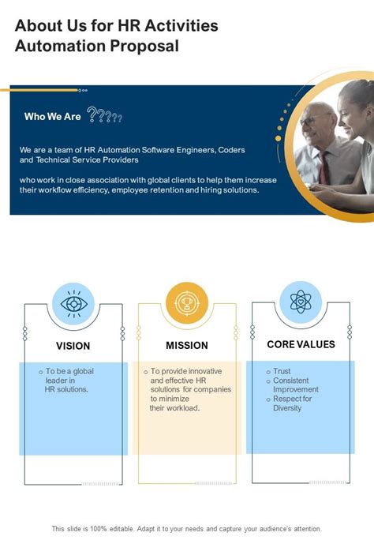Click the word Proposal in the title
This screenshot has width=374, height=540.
pos(144,47)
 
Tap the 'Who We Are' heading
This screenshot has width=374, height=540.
pos(52,117)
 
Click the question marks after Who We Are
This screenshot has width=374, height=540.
pos(105,117)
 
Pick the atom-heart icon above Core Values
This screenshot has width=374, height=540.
pos(300,302)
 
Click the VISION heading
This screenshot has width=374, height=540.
pos(73,346)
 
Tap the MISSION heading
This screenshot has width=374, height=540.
pos(186,346)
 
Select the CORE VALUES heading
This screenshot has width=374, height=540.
pos(301,344)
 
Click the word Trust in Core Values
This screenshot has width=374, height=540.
pos(282,371)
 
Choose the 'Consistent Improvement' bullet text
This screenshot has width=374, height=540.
pos(295,384)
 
